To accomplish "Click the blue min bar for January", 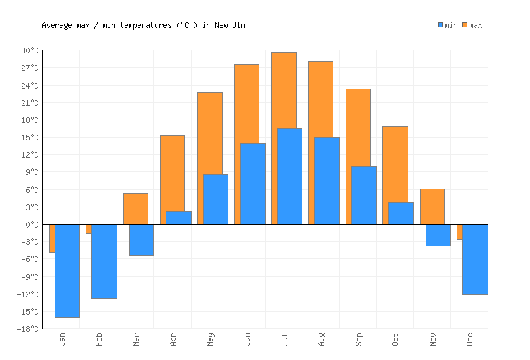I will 67,270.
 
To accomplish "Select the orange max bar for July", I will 284,90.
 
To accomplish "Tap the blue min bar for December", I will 475,259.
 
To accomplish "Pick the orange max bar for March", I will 135,208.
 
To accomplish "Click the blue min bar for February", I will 104,261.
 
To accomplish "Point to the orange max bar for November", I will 432,206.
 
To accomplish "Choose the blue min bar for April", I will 179,217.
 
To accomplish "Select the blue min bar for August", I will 327,180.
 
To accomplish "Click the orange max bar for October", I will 395,164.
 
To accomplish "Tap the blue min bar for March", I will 141,240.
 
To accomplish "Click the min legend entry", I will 447,25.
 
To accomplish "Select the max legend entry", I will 472,25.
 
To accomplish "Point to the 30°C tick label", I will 30,50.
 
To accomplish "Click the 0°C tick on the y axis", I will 32,225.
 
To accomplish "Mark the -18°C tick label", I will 28,329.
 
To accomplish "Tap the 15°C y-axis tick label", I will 30,138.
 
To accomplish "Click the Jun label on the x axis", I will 248,339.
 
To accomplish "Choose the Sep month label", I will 359,339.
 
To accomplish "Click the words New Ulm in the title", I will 230,25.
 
